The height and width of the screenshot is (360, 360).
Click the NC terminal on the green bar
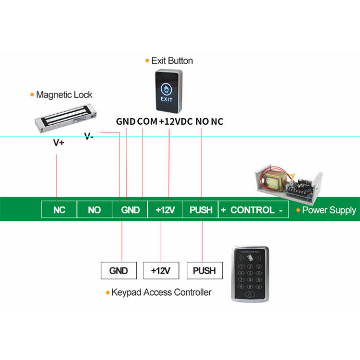tap(59, 210)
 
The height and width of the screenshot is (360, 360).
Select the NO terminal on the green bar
tap(94, 210)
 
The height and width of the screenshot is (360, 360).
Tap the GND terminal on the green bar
tap(130, 210)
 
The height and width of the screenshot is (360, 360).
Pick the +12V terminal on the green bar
tap(165, 210)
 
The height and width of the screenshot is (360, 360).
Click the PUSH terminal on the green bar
tap(201, 210)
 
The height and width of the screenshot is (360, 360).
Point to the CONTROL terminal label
tap(254, 210)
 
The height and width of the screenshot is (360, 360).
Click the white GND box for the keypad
tap(119, 271)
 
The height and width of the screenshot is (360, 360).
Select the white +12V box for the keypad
tap(161, 271)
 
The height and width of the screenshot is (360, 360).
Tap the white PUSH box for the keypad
tap(204, 271)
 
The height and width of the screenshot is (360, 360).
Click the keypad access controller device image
tap(250, 274)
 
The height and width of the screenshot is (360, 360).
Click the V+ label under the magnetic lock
tap(59, 143)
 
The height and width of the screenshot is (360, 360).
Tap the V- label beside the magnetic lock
tap(89, 136)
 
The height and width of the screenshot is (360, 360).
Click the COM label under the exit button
tap(147, 121)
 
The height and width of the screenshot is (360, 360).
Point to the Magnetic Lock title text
tap(64, 95)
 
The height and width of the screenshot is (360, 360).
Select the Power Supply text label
tap(329, 210)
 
